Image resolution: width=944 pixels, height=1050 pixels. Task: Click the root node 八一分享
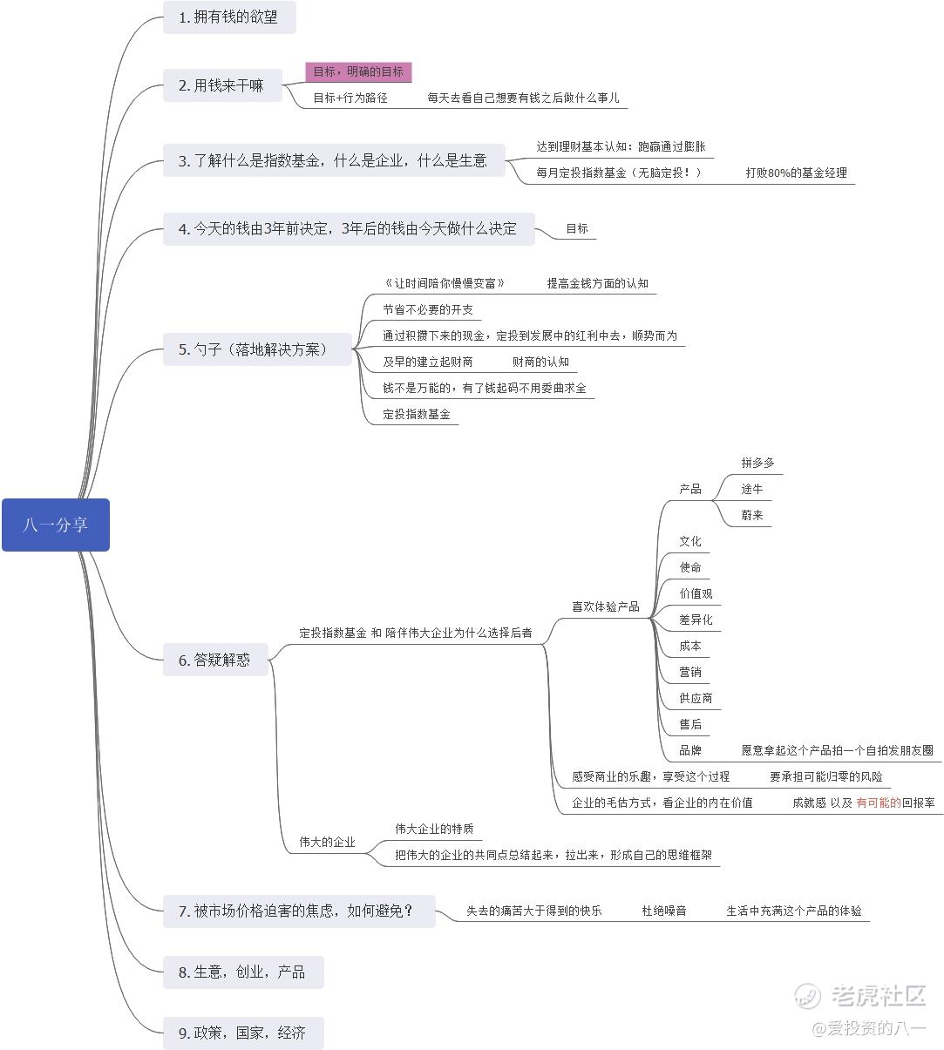click(56, 525)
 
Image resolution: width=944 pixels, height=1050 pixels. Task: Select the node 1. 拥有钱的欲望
click(228, 17)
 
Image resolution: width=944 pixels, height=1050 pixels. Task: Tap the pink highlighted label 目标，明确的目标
click(358, 72)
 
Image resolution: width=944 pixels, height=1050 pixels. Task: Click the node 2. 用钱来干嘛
click(221, 85)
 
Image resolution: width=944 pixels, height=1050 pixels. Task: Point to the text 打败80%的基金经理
click(796, 173)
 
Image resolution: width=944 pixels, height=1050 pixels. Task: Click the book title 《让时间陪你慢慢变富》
click(445, 283)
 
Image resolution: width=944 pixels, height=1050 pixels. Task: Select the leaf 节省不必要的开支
click(428, 309)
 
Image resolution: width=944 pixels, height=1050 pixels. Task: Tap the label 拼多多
click(757, 463)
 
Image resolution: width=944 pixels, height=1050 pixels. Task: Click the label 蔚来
click(752, 515)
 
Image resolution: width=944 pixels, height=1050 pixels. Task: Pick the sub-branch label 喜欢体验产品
click(605, 606)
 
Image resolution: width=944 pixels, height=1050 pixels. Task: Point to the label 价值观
click(696, 593)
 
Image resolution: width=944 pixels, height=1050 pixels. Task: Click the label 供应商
click(696, 698)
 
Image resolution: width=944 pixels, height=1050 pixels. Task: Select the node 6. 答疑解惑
click(215, 660)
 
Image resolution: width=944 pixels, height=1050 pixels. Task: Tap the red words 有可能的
click(878, 803)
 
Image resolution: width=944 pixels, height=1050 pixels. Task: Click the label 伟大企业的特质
click(434, 829)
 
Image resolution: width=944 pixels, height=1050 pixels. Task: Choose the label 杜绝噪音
click(664, 911)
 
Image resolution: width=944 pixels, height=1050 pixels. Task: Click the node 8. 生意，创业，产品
click(242, 972)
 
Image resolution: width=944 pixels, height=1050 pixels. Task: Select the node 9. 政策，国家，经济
click(242, 1033)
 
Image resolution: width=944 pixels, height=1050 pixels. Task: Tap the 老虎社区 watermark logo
click(859, 995)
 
